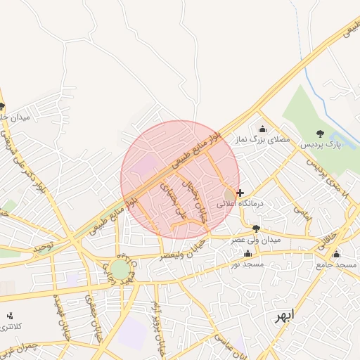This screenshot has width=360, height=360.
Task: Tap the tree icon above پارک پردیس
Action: (321, 134)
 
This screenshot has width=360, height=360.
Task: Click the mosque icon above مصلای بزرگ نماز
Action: (263, 129)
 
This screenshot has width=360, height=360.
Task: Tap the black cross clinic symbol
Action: (241, 192)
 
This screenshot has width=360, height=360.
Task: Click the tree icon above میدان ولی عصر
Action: (256, 229)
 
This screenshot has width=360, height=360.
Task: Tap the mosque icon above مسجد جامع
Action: (337, 255)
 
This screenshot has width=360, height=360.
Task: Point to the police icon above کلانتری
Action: (10, 316)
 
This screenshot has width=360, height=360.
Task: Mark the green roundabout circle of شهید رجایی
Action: (120, 269)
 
